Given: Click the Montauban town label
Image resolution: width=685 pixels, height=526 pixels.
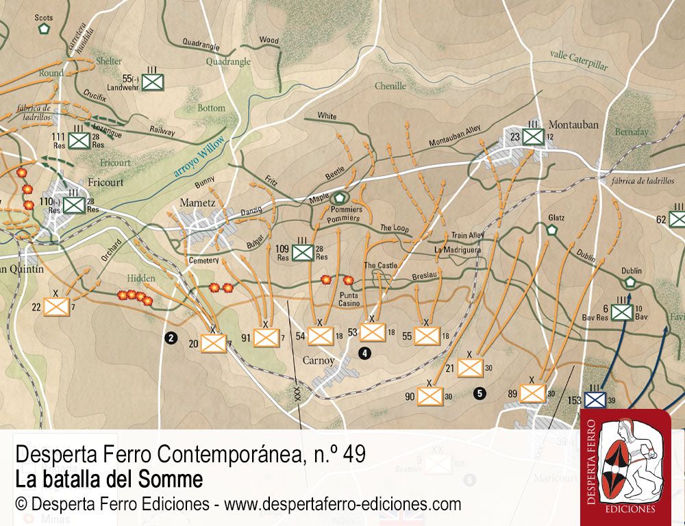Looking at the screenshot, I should point(573,125).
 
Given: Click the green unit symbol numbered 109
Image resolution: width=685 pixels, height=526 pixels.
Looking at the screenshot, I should point(302,253).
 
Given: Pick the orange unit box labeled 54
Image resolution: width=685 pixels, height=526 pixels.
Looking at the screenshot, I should point(320,336).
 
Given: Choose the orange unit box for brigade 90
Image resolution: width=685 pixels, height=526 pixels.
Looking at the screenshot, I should point(430,396).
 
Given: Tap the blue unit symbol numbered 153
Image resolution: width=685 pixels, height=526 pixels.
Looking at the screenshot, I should point(595,400).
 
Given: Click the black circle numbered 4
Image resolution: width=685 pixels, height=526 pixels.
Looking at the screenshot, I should point(365,353).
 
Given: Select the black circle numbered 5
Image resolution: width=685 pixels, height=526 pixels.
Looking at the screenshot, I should point(480,393).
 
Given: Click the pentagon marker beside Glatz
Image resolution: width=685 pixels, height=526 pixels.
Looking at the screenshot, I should point(552,230).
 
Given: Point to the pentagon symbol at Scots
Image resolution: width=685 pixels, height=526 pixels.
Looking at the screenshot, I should point(45,29).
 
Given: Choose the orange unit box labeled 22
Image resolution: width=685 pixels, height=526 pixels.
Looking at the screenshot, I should point(57,305).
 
